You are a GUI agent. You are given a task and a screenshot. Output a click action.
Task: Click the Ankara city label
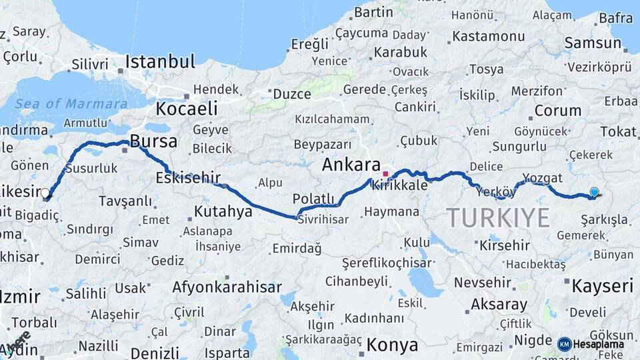click(351, 165)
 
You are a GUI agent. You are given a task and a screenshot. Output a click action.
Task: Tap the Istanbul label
click(160, 62)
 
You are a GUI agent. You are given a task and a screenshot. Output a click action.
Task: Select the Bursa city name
click(153, 141)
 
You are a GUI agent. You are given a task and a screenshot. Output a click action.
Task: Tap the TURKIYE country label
click(498, 217)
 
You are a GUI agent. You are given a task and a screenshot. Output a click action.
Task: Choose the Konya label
click(393, 345)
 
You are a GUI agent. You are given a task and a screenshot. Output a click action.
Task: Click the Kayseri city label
click(602, 287)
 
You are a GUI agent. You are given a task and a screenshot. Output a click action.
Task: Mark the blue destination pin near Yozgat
click(594, 192)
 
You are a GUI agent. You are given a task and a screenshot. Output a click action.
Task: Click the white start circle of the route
click(45, 193)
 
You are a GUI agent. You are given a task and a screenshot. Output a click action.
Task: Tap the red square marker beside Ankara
click(385, 174)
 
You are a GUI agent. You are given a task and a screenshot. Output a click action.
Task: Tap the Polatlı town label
click(313, 199)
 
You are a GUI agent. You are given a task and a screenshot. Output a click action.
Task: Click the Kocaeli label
click(187, 109)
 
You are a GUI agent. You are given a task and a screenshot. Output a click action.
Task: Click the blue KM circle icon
click(565, 344)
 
